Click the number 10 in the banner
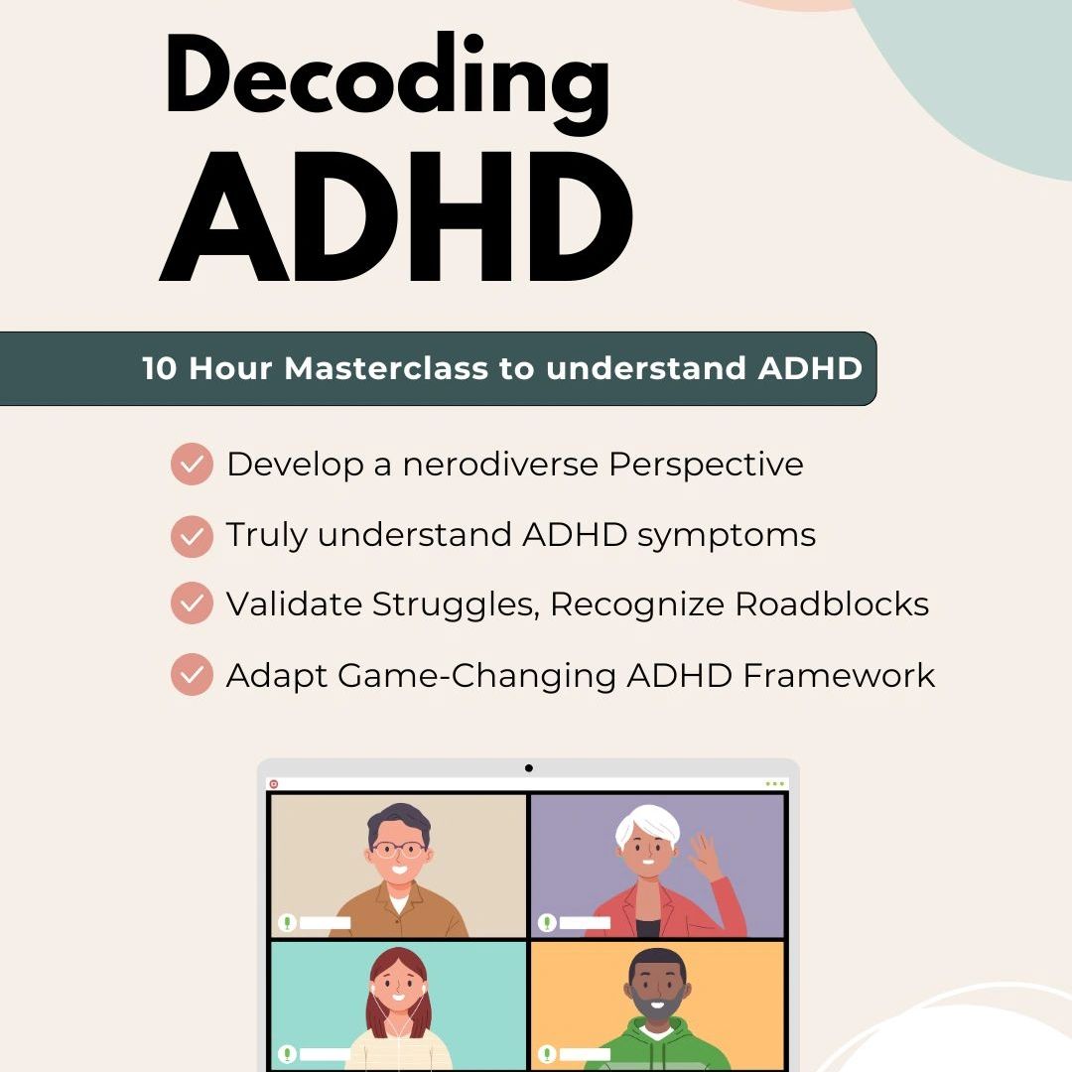click(160, 368)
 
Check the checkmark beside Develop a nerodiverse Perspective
click(192, 464)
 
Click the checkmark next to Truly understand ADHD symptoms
click(192, 535)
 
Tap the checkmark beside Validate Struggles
click(192, 603)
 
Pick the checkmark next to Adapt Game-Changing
click(192, 675)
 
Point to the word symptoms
click(727, 535)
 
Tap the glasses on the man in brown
click(397, 850)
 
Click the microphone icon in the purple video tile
click(547, 922)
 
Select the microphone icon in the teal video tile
click(288, 1053)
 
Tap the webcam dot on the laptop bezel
click(528, 767)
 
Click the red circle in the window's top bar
click(274, 784)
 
